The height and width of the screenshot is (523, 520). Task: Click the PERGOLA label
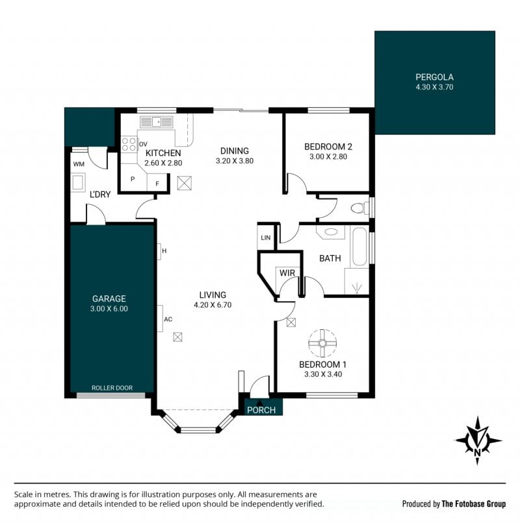[434, 77]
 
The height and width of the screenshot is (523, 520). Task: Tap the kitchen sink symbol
[157, 122]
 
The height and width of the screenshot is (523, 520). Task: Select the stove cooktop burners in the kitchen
[129, 144]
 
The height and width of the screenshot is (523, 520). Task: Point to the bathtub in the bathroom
[359, 247]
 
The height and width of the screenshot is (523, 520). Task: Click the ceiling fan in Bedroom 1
[322, 343]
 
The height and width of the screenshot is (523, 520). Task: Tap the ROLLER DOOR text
[112, 388]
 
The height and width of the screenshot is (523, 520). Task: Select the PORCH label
[261, 410]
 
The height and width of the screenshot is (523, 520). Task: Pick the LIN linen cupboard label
[266, 238]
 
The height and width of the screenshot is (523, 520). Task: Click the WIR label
[287, 273]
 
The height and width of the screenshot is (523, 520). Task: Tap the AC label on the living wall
[168, 319]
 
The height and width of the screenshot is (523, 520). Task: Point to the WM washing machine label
[79, 164]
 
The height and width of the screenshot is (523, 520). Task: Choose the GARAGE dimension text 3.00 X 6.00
[109, 309]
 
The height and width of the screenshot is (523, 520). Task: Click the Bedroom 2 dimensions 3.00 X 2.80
[328, 157]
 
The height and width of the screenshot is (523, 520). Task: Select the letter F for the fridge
[157, 184]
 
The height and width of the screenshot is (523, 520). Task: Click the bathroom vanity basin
[330, 232]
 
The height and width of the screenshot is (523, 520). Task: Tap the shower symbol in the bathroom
[357, 288]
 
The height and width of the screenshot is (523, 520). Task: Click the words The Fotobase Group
[474, 503]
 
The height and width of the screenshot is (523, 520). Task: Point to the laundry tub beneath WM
[78, 182]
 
